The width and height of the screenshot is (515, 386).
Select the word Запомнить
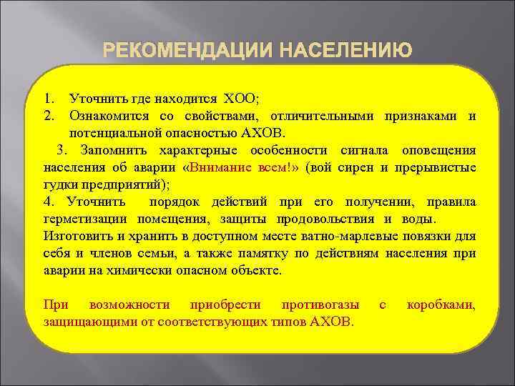coord(113,150)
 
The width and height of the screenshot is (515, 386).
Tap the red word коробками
coord(440,305)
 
